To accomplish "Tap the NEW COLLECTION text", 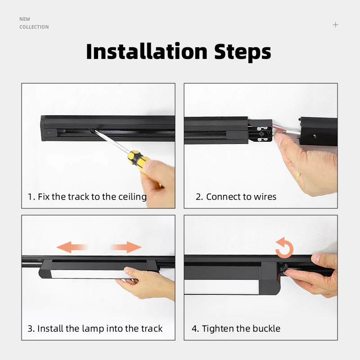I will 34,23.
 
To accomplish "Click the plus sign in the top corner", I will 335,25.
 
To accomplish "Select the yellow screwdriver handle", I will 137,161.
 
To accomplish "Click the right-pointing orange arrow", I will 126,247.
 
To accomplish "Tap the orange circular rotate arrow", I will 284,248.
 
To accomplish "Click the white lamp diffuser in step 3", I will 81,274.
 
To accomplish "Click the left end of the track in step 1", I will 48,128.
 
